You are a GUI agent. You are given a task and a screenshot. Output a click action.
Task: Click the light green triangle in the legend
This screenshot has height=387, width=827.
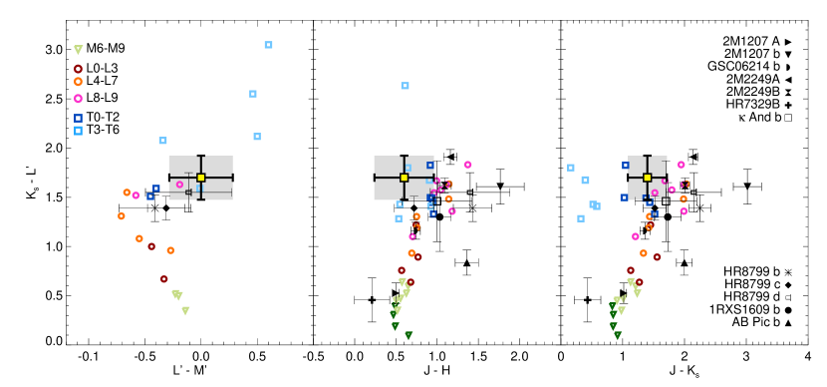coord(78,50)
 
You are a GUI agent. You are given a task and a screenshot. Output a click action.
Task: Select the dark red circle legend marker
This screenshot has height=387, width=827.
coord(78,69)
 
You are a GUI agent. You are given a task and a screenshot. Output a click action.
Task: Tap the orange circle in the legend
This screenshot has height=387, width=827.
coord(78,82)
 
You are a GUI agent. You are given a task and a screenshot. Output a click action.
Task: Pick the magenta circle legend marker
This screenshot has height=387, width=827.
coord(78,99)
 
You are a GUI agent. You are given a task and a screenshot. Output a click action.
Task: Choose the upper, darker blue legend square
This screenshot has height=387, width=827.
coord(78,118)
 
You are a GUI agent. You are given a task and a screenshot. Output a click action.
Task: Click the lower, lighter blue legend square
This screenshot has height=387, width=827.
coord(78,131)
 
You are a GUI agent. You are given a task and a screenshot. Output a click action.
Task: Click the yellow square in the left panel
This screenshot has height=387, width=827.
coord(200,178)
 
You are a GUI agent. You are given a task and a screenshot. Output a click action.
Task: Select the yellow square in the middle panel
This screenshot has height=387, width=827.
coord(404,178)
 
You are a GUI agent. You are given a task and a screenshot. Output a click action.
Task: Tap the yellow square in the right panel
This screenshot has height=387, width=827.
coord(647,178)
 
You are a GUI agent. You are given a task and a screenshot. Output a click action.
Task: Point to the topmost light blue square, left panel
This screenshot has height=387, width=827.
coord(268,45)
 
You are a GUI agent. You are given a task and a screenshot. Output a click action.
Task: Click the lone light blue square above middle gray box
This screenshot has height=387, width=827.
coord(405,86)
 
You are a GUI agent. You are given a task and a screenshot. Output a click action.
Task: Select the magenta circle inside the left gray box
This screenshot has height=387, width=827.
coord(179,185)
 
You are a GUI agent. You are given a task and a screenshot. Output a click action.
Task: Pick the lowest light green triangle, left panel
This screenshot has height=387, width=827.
coord(185,311)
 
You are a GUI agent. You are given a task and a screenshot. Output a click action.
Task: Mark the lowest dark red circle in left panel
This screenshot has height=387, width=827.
coord(164,279)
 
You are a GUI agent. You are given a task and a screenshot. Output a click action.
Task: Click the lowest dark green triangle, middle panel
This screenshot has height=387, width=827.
coord(409,335)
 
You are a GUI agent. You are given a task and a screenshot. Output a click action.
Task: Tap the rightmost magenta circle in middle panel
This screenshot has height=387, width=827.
coord(467,165)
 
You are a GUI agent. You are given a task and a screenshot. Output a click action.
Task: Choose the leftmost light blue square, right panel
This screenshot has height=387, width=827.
coord(571,168)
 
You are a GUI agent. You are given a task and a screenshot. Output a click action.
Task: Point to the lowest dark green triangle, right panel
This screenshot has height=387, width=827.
coord(618,335)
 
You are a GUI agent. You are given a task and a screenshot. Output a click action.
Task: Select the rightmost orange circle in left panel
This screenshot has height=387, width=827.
coord(170,250)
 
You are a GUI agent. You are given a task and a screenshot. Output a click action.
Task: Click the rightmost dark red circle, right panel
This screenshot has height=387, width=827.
coord(657,257)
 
